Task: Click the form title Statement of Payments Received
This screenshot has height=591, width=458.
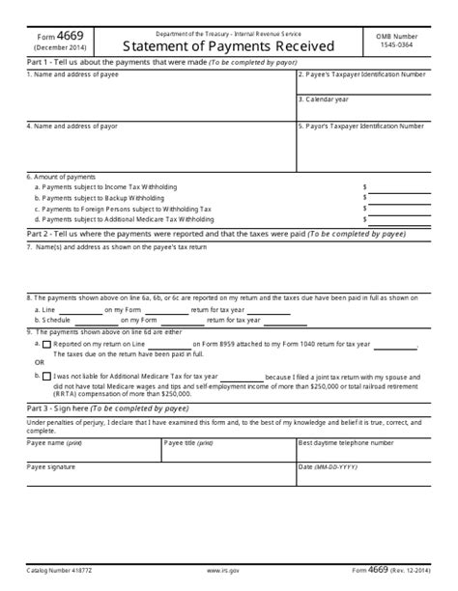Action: [x=228, y=44]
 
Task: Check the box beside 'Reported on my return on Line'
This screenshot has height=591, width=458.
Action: [x=46, y=343]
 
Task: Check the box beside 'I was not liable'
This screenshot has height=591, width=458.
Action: [x=46, y=376]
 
